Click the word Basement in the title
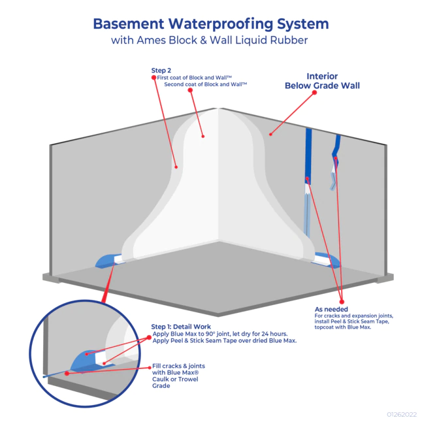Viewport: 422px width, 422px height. point(127,24)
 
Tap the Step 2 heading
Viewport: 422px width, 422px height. point(161,70)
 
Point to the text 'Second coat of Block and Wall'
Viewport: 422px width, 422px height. point(205,84)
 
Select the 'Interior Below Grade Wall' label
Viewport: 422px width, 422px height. point(322,80)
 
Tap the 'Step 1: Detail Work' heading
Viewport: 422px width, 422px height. point(181,327)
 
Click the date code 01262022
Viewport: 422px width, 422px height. point(400,414)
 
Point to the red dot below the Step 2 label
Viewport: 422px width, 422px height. point(155,84)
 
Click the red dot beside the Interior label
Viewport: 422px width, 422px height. point(314,93)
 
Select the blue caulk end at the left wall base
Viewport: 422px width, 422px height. point(104,261)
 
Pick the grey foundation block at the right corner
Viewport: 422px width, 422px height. point(385,278)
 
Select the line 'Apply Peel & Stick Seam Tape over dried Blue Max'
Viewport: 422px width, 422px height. point(224,340)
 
